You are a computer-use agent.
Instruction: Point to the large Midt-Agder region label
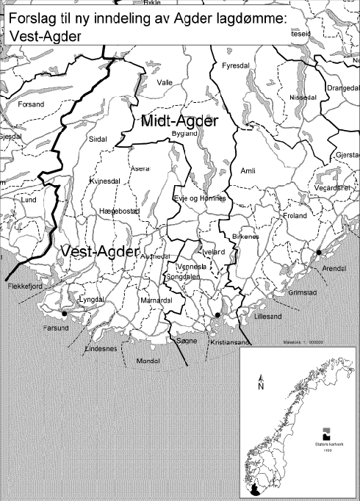[x=181, y=120]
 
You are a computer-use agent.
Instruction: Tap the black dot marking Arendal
[x=318, y=253]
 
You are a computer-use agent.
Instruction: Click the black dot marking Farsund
[x=64, y=314]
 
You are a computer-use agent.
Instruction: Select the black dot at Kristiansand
[x=217, y=315]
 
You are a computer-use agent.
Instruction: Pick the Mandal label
[x=148, y=361]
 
